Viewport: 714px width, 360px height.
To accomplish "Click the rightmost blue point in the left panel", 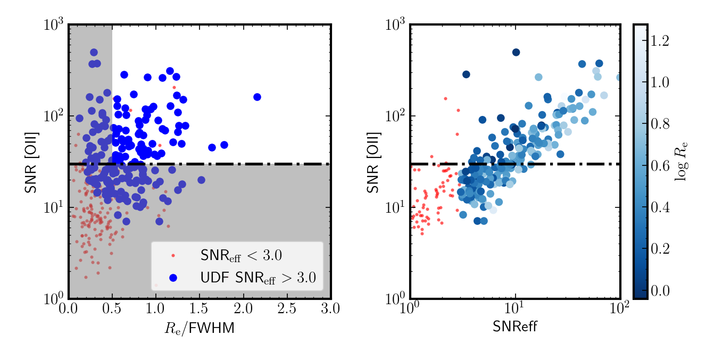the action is coord(257,97).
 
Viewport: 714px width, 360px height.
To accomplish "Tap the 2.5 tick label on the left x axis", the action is coord(287,308).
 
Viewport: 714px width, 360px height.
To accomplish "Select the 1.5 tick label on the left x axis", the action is coord(200,308).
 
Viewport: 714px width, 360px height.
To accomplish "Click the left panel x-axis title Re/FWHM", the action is coord(200,328).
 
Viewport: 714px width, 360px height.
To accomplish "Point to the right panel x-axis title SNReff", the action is coord(515,326).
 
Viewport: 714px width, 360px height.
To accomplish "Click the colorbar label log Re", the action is coord(681,162).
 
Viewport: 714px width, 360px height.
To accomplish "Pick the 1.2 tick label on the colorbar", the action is coord(660,41).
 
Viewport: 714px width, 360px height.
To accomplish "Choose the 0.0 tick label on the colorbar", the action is coord(660,290).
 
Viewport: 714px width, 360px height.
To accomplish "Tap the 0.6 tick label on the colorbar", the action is coord(660,166).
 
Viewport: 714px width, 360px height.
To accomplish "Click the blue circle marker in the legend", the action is coord(173,278).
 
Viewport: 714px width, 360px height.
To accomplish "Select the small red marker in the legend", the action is coord(173,255).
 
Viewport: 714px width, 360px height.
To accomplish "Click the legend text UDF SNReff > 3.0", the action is coord(258,278).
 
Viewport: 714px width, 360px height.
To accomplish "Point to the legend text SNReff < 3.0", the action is coord(241,255).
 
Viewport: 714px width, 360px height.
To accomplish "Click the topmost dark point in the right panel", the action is coord(516,52).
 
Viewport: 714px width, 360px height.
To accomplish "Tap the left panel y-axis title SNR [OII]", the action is coord(31,163).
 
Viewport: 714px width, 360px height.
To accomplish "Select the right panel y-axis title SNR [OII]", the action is coord(372,163).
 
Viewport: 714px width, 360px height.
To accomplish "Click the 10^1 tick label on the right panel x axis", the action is coord(516,307).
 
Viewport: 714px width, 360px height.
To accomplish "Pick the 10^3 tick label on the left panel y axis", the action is coord(54,24).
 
